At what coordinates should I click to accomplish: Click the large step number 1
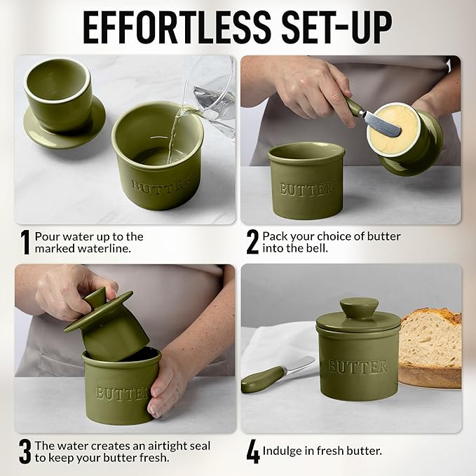point(25,242)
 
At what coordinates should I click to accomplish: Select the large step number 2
point(252,242)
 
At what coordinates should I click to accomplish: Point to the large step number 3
point(25,451)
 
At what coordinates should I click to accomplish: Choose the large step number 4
point(252,451)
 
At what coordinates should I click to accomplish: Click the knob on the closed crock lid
point(358,309)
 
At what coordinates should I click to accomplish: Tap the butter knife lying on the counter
point(277,374)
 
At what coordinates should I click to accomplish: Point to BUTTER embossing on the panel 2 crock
point(306,189)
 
